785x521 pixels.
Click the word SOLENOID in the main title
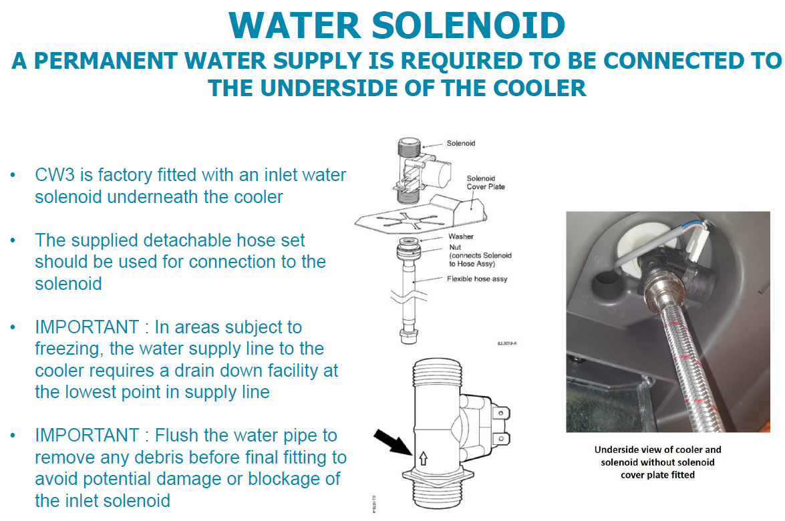pyautogui.click(x=468, y=25)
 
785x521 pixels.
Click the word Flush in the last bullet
pyautogui.click(x=176, y=436)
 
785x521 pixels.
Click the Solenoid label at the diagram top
pyautogui.click(x=460, y=143)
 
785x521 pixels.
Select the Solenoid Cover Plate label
pyautogui.click(x=486, y=182)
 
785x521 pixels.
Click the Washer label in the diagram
pyautogui.click(x=460, y=236)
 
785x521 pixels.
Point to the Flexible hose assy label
pyautogui.click(x=477, y=279)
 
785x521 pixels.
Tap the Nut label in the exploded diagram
pyautogui.click(x=454, y=247)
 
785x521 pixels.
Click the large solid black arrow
pyautogui.click(x=393, y=442)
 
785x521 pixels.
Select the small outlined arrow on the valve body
pyautogui.click(x=423, y=458)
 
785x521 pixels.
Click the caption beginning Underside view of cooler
pyautogui.click(x=657, y=462)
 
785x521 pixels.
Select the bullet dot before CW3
pyautogui.click(x=13, y=174)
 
